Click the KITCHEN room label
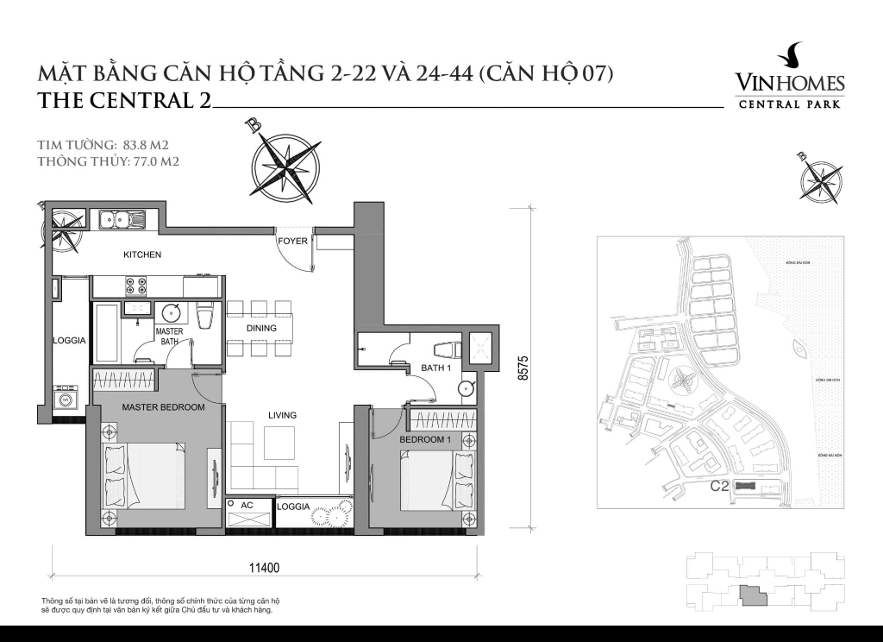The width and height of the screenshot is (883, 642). point(142,255)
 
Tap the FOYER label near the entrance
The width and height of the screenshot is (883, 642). point(292,242)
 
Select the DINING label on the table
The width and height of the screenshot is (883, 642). point(261,328)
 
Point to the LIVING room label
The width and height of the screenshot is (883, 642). point(282,415)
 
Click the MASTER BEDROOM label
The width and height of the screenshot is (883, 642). point(163,407)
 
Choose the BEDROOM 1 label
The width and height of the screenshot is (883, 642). point(425,440)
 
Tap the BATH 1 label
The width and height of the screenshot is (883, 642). point(436,368)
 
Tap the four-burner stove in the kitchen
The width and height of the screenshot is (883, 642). point(135,285)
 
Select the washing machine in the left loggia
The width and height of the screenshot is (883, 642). point(66,400)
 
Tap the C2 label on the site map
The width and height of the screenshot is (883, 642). point(720,486)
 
